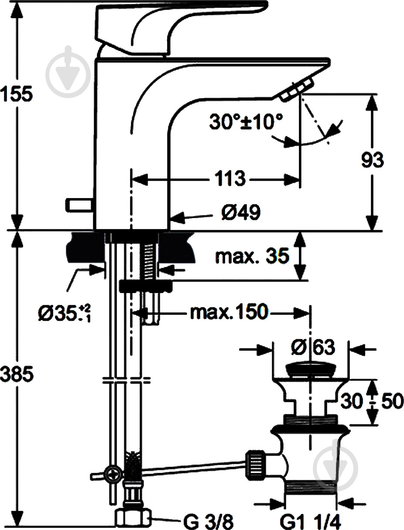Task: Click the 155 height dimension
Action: pyautogui.click(x=16, y=94)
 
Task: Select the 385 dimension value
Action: pyautogui.click(x=16, y=374)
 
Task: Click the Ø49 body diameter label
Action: pyautogui.click(x=240, y=213)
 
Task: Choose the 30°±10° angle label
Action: pyautogui.click(x=246, y=122)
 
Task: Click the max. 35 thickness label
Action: pyautogui.click(x=252, y=256)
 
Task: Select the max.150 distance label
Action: pyautogui.click(x=228, y=312)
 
